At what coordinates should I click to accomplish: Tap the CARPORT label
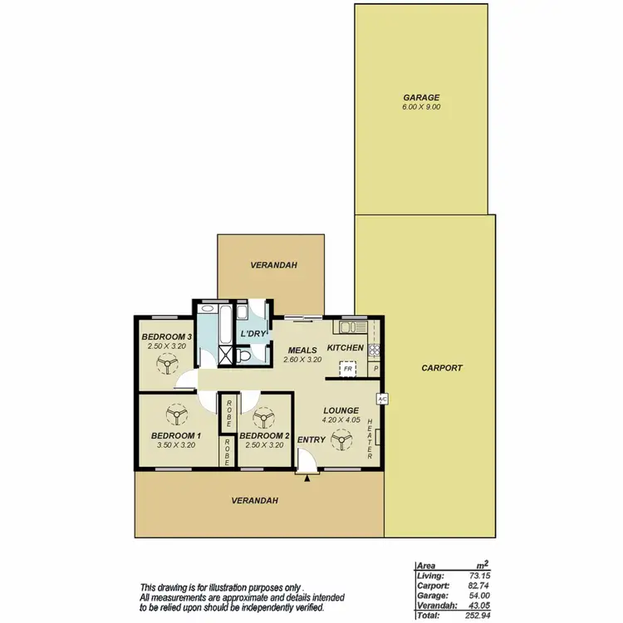point(441,367)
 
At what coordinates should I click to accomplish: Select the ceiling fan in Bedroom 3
point(167,363)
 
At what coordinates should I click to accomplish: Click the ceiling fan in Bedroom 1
point(176,415)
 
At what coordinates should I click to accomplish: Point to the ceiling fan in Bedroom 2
point(264,418)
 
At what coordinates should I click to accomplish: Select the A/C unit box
point(382,399)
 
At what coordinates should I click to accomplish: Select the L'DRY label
point(253,334)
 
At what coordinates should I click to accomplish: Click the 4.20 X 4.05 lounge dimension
point(341,420)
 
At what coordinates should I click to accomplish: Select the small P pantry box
point(375,368)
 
